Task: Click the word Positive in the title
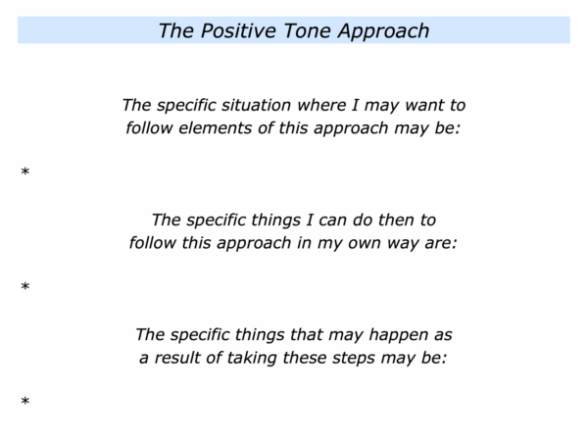[238, 30]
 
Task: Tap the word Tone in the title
[307, 30]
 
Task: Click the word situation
[256, 105]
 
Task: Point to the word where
[321, 105]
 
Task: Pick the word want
[422, 106]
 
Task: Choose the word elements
[215, 127]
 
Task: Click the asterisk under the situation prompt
[25, 172]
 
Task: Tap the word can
[332, 220]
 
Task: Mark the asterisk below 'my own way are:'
[25, 287]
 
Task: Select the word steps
[353, 359]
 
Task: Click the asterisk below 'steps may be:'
[25, 402]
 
